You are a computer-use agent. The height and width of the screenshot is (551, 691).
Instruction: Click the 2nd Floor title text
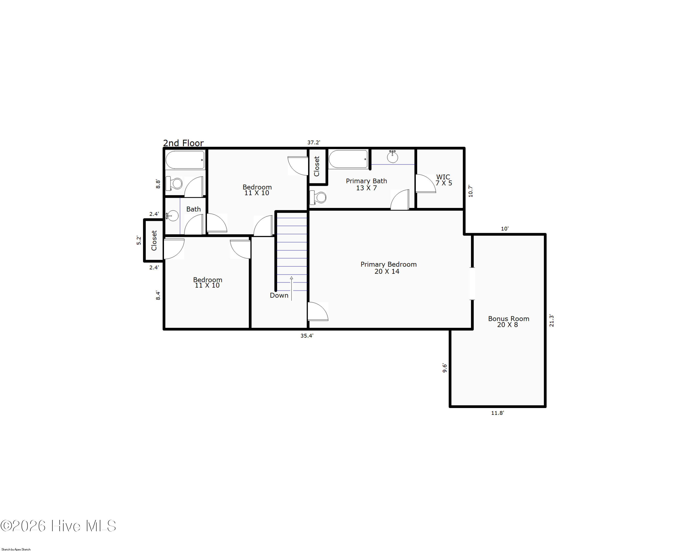point(183,143)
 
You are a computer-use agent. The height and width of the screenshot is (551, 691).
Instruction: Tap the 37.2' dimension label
point(314,142)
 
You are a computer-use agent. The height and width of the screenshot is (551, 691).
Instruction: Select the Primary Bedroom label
point(388,268)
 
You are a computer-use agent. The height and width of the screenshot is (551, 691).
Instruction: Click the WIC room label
point(444,180)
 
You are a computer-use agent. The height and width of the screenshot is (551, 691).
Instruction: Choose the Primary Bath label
point(366,184)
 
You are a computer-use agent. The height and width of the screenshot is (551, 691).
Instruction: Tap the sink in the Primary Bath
point(392,157)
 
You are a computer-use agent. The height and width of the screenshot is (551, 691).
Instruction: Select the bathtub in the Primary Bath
point(348,159)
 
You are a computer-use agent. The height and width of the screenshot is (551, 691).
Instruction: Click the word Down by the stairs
point(279,295)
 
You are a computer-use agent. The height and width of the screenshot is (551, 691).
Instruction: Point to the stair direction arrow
point(291,288)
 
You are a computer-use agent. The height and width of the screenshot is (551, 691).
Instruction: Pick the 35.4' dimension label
point(307,336)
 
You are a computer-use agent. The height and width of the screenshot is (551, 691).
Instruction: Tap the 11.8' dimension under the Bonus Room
point(498,413)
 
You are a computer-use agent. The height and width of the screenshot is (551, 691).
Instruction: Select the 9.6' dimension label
point(445,368)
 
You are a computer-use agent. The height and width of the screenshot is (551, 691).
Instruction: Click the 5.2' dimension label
point(139,240)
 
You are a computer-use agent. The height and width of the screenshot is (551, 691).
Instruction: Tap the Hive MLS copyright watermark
point(58,526)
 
